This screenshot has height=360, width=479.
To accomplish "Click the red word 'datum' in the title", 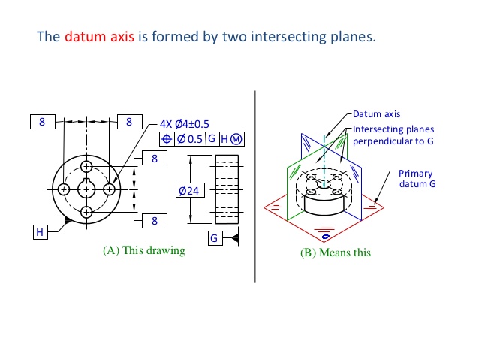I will click(82, 37).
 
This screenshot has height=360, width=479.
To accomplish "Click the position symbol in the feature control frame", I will click(167, 139).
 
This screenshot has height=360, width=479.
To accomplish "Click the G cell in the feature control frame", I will click(211, 139).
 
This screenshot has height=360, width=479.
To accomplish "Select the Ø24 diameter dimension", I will click(188, 191).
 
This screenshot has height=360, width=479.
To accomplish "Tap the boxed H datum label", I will click(40, 232).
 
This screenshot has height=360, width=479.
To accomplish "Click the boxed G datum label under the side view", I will click(215, 238).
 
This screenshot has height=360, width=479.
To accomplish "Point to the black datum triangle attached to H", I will click(68, 221).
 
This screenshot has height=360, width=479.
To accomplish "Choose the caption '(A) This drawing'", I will click(143, 250).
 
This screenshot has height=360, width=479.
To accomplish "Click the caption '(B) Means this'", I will click(335, 253).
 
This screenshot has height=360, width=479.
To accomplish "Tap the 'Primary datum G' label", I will click(415, 178).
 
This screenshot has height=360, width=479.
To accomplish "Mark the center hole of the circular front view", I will click(88, 189).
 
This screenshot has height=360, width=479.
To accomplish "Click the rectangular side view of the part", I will click(227, 189).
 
